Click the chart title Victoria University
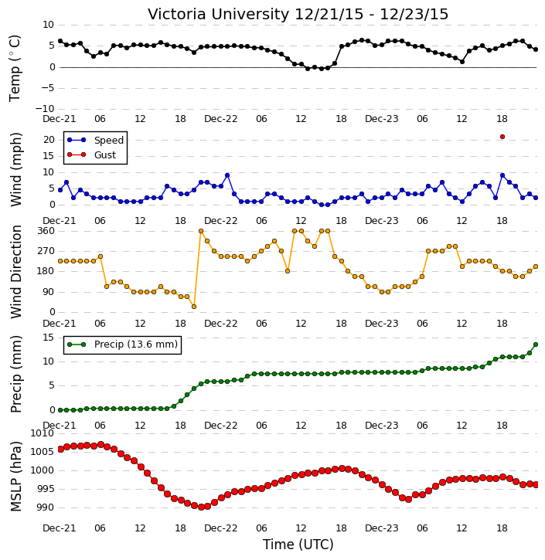point(218,15)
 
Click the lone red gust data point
point(502,137)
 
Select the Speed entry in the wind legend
point(95,140)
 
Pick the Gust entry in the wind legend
point(92,154)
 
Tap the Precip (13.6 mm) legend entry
point(122,344)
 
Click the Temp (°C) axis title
point(15,68)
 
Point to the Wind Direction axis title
point(15,272)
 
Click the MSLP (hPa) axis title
point(15,477)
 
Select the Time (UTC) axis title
point(298,545)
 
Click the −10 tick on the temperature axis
point(44,109)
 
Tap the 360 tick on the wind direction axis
point(46,231)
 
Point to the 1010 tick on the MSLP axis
point(43,433)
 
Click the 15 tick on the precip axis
point(48,338)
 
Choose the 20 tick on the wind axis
point(49,140)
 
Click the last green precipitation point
point(536,344)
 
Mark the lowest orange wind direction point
point(194,307)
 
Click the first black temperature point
point(60,41)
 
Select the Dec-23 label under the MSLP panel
point(381,528)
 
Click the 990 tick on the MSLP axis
point(46,507)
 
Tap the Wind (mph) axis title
point(15,170)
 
